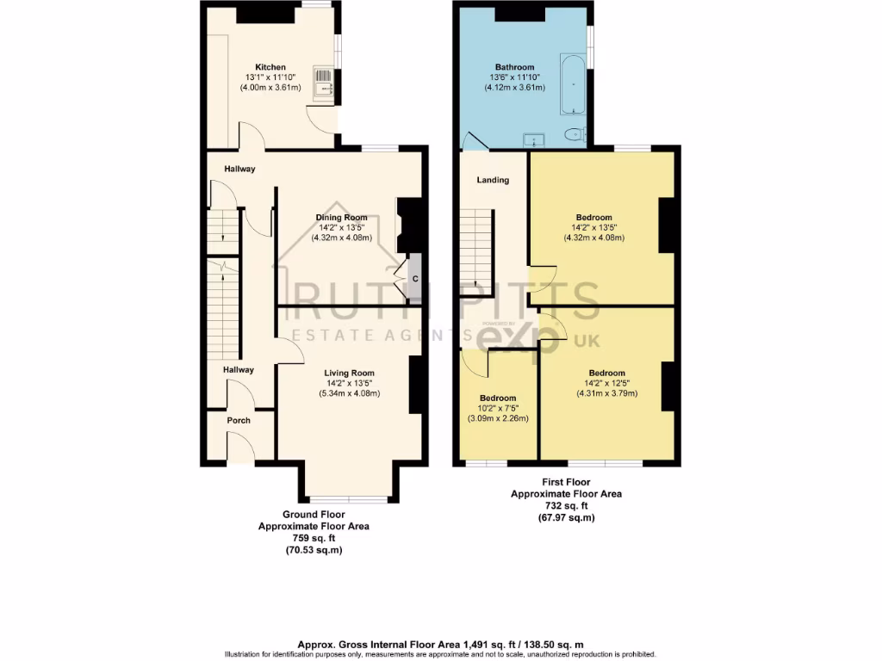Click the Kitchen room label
pyautogui.click(x=270, y=67)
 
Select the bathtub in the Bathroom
pyautogui.click(x=573, y=85)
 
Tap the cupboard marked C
pyautogui.click(x=414, y=279)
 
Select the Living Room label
pyautogui.click(x=349, y=373)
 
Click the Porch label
pyautogui.click(x=239, y=421)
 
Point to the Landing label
pyautogui.click(x=493, y=180)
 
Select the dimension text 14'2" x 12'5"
pyautogui.click(x=607, y=384)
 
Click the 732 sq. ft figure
pyautogui.click(x=566, y=506)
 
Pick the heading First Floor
pyautogui.click(x=566, y=483)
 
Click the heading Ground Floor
pyautogui.click(x=314, y=515)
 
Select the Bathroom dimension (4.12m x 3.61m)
pyautogui.click(x=514, y=87)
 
